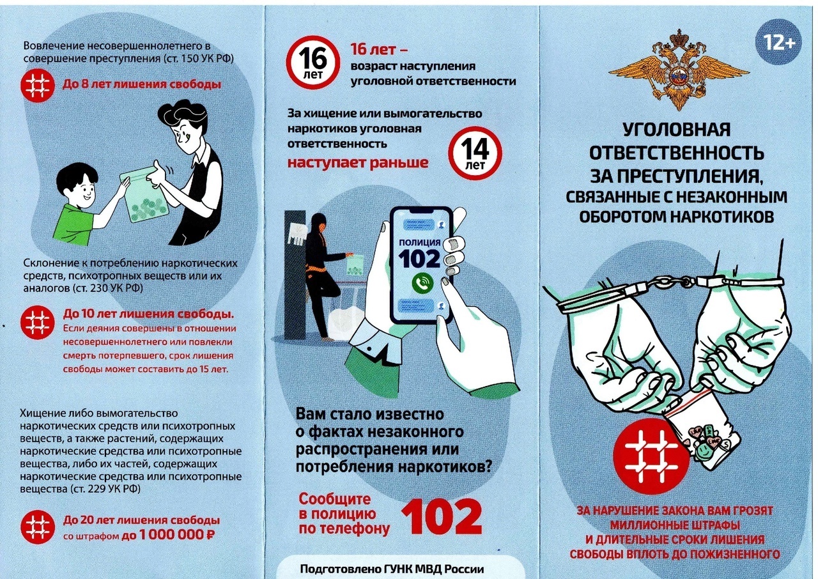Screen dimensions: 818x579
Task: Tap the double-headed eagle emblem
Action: tap(679, 70)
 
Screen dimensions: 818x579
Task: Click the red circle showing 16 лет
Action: tap(313, 62)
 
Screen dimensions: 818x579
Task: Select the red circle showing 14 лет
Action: tap(475, 153)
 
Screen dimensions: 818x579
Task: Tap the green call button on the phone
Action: tap(422, 283)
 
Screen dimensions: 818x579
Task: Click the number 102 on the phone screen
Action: tap(419, 258)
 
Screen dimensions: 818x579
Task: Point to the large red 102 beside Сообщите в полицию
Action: tap(441, 516)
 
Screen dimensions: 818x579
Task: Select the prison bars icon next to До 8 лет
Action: tap(38, 85)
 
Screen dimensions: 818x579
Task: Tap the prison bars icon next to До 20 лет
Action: tap(38, 527)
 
